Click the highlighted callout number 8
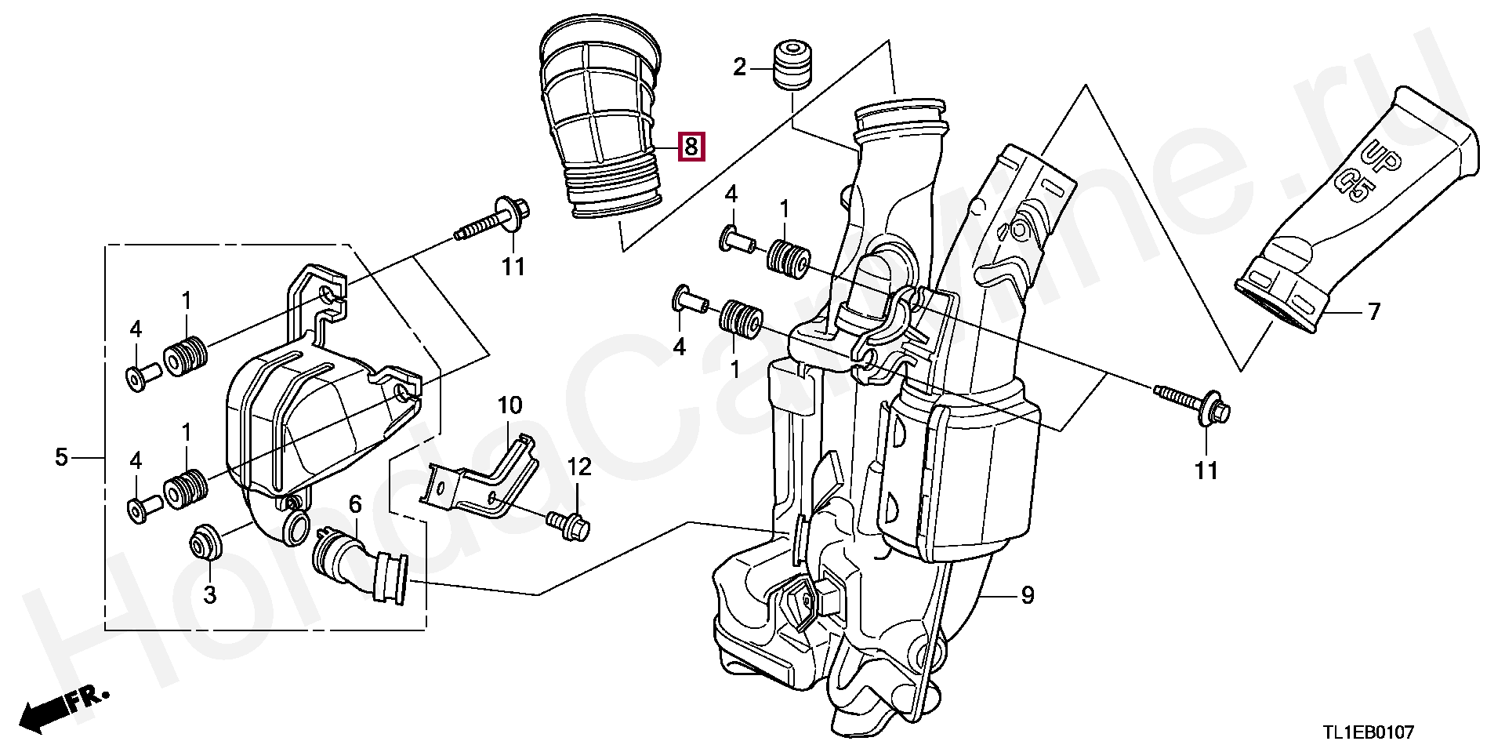[691, 146]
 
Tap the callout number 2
[740, 67]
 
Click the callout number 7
[1373, 312]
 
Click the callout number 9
[1028, 596]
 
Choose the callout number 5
[62, 456]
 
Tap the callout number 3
[209, 594]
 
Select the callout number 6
[355, 504]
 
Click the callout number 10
[510, 405]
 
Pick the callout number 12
[579, 467]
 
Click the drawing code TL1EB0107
[1369, 733]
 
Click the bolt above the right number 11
[1191, 402]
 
